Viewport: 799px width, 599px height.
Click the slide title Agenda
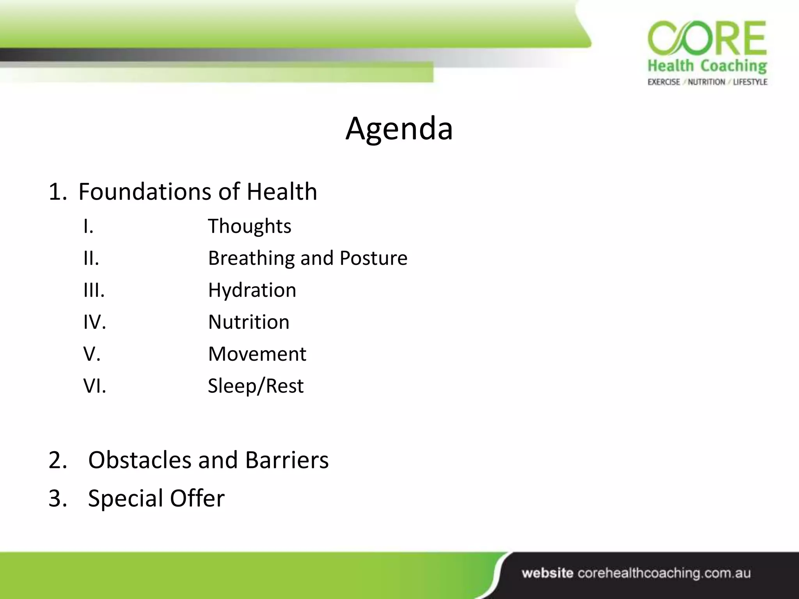coord(399,129)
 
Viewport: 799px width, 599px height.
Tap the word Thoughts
coord(249,226)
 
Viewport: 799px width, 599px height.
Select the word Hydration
coord(252,290)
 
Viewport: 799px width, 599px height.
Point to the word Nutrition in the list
coord(249,322)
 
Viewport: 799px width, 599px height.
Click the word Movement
coord(257,354)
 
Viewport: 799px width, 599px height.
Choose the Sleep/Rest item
coord(256,386)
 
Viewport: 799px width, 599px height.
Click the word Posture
coord(373,258)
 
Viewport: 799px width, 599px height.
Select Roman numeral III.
coord(94,290)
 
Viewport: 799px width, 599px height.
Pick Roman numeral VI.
coord(94,386)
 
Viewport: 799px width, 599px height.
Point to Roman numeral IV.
coord(94,322)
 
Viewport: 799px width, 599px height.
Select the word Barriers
coord(287,460)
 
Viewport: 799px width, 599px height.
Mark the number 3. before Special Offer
coord(58,498)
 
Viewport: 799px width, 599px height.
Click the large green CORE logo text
coord(707,39)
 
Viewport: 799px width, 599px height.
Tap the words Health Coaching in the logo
coord(707,66)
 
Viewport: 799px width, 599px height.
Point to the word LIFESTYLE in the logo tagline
coord(750,82)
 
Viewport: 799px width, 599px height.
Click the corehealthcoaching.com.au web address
coord(664,573)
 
